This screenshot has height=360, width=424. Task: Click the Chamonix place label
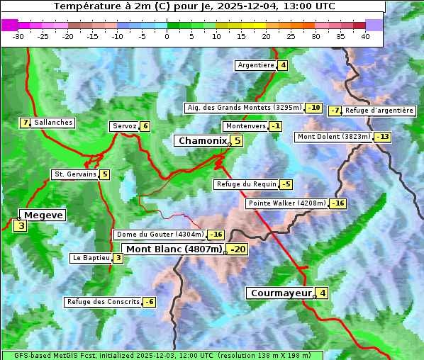[202, 141]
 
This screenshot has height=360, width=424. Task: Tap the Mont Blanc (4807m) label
[174, 249]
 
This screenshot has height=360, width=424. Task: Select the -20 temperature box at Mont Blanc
[237, 249]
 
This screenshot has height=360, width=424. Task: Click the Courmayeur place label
[281, 293]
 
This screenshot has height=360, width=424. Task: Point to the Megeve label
[44, 215]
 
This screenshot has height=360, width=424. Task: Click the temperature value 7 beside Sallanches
[26, 123]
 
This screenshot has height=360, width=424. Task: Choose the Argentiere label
[256, 65]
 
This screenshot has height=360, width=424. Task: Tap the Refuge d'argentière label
[379, 111]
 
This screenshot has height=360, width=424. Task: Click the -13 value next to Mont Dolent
[383, 137]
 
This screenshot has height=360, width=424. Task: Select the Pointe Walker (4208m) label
[286, 203]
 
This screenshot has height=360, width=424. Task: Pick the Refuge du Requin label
[246, 184]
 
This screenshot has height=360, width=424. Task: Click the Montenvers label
[245, 126]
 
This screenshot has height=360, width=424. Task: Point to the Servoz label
[124, 126]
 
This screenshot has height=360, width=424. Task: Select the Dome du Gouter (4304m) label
[160, 235]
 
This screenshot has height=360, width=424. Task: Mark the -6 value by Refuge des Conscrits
[149, 302]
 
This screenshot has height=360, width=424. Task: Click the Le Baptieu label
[91, 258]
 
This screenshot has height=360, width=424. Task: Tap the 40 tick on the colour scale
[365, 36]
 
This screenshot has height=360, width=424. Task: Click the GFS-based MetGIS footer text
[162, 355]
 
